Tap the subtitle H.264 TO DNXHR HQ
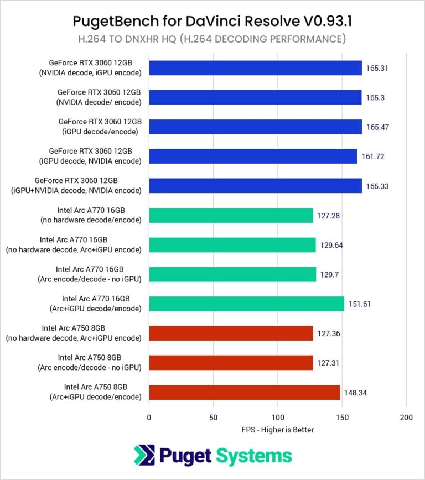(212, 39)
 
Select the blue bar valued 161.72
(253, 156)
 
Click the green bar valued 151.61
(246, 304)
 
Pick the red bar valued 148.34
(244, 393)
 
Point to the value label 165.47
(377, 127)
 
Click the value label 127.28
(328, 216)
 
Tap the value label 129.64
(331, 245)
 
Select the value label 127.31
(328, 363)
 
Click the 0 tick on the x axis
(149, 417)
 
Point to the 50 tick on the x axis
(213, 417)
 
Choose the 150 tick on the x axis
(342, 417)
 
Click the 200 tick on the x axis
(406, 417)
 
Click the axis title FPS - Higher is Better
(277, 430)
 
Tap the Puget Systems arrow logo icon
(145, 456)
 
